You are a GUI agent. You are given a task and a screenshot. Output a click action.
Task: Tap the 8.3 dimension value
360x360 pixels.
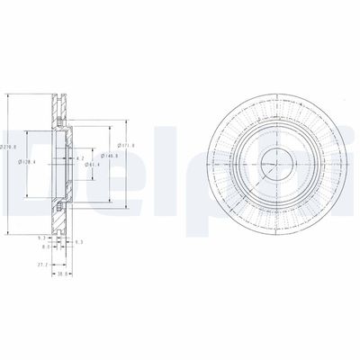coord(45,245)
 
